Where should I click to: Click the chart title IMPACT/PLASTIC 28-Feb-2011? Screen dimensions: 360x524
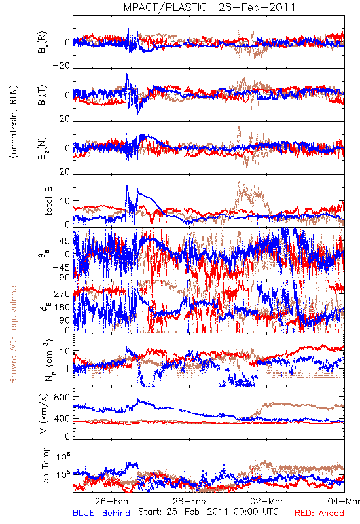[x=208, y=7]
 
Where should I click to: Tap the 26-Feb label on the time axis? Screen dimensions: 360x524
[x=111, y=501]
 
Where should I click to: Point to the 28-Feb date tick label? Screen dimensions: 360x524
[x=189, y=501]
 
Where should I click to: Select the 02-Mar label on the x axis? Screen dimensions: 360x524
[x=267, y=501]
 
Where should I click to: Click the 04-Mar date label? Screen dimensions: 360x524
[x=344, y=501]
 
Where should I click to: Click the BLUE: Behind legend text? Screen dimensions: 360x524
[x=101, y=513]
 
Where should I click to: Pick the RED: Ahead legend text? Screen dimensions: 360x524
[x=319, y=513]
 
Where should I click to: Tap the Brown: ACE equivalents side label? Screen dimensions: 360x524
[x=13, y=333]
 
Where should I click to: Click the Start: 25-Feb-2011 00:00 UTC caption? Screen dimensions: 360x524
[x=209, y=512]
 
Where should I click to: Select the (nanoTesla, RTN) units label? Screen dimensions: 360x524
[x=14, y=122]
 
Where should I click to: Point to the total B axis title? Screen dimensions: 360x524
[x=48, y=201]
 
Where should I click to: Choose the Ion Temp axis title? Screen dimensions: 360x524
[x=45, y=466]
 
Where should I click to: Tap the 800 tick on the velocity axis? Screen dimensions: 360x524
[x=62, y=397]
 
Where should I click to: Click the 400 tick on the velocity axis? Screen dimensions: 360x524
[x=62, y=419]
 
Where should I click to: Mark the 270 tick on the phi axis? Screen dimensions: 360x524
[x=62, y=293]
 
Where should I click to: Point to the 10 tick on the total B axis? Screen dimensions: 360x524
[x=65, y=201]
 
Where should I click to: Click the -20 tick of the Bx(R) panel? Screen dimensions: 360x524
[x=62, y=66]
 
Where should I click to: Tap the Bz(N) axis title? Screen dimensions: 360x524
[x=43, y=149]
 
